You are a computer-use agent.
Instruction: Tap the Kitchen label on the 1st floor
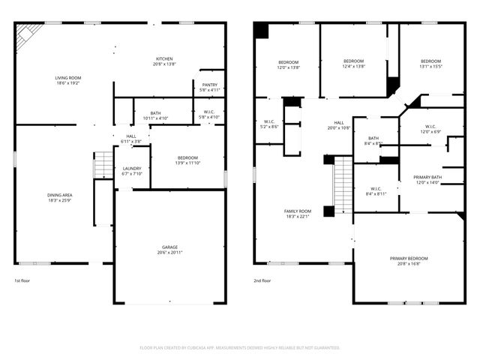click(165, 59)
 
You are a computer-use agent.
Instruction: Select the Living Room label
click(67, 78)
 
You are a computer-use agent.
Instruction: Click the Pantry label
click(210, 85)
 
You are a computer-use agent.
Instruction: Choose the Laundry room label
click(132, 169)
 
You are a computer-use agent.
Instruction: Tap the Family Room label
click(298, 211)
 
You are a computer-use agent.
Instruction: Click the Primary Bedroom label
click(409, 259)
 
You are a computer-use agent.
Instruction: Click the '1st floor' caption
click(22, 280)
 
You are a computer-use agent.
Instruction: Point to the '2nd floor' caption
click(262, 280)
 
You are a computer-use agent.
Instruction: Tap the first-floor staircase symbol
click(103, 164)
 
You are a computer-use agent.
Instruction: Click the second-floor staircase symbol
click(343, 184)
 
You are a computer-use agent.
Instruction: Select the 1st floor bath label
click(155, 113)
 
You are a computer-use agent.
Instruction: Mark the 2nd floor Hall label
click(339, 123)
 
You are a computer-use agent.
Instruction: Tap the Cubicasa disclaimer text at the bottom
click(240, 347)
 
